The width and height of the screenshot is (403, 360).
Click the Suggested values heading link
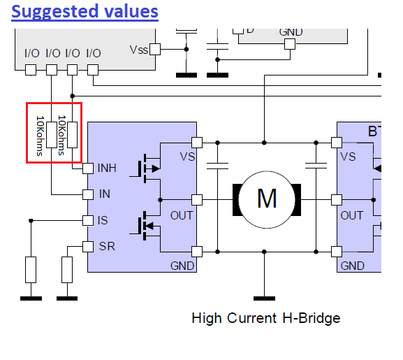pos(85,12)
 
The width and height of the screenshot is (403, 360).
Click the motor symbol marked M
pos(267,199)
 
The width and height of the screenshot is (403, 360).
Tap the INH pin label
pos(107,168)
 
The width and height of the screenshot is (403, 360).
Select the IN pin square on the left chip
pos(88,194)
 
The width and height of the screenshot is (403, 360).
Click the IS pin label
pos(103,220)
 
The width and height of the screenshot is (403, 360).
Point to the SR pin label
pos(107,246)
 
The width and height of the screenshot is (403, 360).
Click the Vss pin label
pos(139,50)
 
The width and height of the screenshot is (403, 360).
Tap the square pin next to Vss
pos(155,49)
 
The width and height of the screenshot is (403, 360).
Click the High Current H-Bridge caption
pos(266,318)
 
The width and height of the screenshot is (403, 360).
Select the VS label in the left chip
pos(187,157)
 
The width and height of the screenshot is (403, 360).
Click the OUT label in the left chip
pos(182,215)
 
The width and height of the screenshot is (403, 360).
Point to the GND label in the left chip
pos(182,266)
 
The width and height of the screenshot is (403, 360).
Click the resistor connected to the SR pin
pos(67,270)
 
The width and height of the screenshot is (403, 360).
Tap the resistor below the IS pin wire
pos(31,270)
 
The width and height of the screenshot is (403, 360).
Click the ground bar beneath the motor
pos(264,298)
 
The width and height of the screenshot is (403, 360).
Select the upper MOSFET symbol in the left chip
pos(145,168)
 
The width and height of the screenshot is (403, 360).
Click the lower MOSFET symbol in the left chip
pos(145,226)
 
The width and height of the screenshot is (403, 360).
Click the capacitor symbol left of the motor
pos(217,166)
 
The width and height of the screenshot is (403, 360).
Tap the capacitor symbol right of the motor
pos(316,166)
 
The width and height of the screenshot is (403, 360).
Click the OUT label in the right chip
pos(351,215)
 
